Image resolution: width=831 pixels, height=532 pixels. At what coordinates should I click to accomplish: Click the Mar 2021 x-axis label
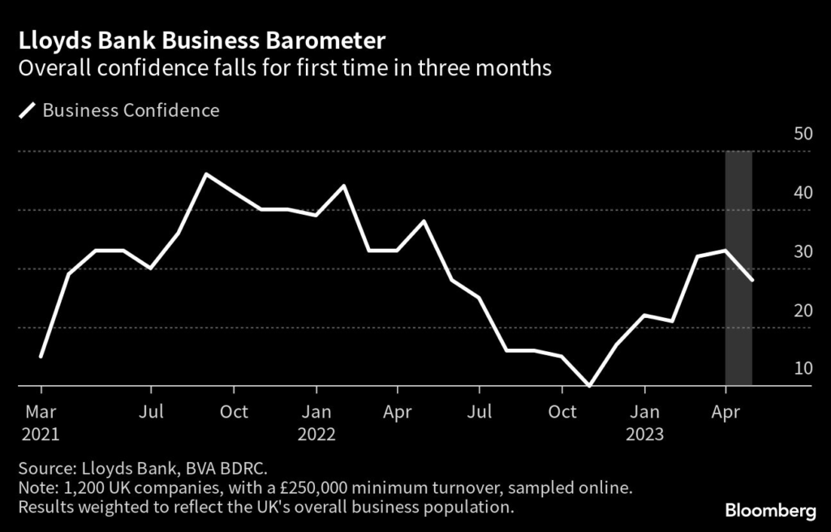click(40, 423)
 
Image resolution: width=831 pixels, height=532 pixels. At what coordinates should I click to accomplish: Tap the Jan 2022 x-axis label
click(316, 423)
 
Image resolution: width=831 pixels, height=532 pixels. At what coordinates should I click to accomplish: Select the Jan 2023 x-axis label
click(645, 423)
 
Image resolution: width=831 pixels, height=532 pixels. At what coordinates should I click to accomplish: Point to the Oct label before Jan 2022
click(234, 412)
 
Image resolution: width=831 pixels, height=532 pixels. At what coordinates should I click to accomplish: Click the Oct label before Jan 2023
click(562, 412)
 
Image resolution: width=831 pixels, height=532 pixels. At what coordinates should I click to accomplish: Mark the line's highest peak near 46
click(206, 174)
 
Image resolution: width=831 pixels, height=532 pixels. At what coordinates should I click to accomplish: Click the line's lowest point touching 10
click(590, 386)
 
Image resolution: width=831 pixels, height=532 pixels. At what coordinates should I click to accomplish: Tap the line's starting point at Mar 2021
click(40, 356)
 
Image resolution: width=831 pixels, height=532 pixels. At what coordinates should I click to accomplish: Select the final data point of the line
click(753, 281)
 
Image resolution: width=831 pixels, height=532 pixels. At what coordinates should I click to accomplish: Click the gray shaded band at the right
click(738, 341)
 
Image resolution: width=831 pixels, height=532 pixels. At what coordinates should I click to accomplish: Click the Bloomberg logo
click(770, 511)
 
